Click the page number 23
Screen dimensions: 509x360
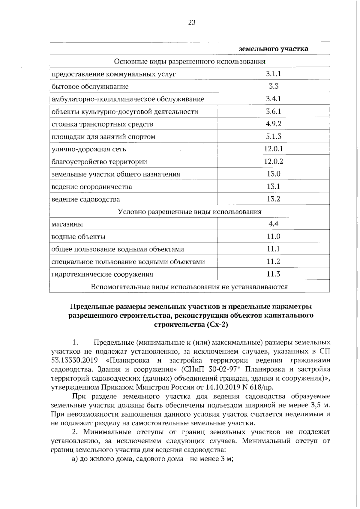[x=192, y=22]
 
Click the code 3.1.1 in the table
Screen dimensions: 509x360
[x=273, y=74]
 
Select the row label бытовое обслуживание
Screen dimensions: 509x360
[x=90, y=87]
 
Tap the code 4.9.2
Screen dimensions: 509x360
[x=273, y=124]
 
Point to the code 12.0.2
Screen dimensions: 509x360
[x=273, y=161]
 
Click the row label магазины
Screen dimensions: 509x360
[x=67, y=224]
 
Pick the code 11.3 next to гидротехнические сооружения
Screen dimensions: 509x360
[x=273, y=274]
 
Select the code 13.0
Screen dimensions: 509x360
[x=273, y=174]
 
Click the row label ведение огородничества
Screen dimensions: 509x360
[x=92, y=187]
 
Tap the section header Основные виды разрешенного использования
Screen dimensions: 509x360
[x=190, y=61]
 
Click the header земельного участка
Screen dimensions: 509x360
[x=273, y=49]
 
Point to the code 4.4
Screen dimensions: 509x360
[x=273, y=224]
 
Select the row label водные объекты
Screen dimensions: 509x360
[x=78, y=237]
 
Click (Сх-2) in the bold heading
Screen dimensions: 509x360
[x=217, y=325]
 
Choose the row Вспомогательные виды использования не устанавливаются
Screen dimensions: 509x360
[x=190, y=287]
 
